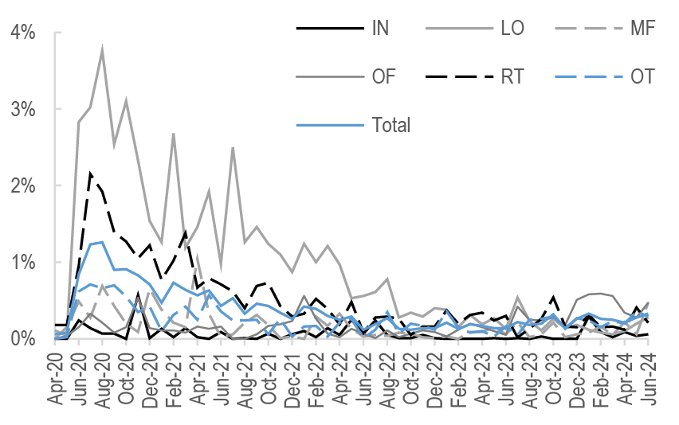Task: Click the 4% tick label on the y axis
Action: (23, 33)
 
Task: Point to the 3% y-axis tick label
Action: (23, 109)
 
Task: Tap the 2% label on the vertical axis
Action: (23, 185)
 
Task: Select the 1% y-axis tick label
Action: (23, 262)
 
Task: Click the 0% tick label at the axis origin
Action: (23, 338)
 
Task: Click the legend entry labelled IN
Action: (380, 29)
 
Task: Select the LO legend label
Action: (512, 29)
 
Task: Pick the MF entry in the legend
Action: (642, 29)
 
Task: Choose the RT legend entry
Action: (513, 76)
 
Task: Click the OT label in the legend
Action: (642, 76)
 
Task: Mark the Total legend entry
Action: (391, 124)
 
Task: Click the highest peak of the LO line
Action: (102, 50)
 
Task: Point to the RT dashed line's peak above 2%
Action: (91, 173)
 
